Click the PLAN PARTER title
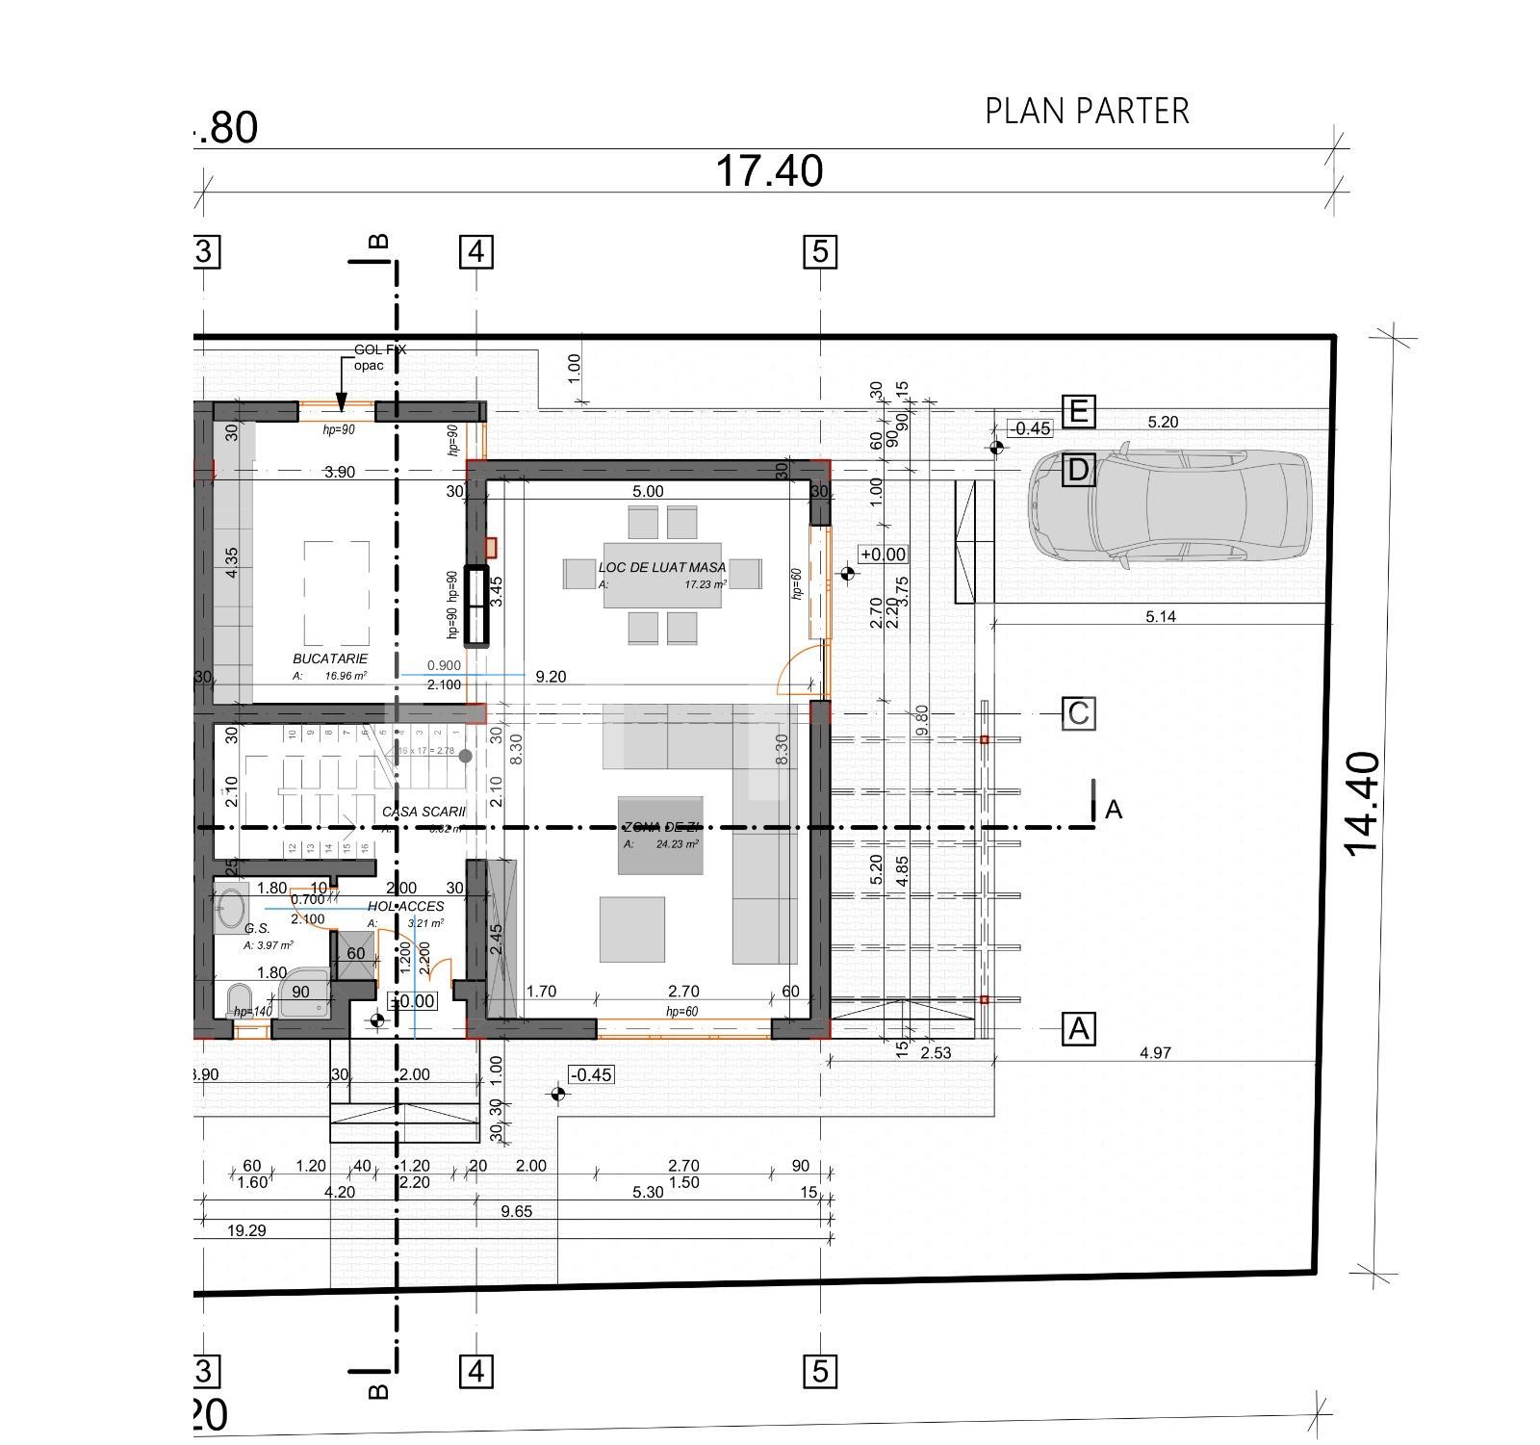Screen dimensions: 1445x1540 1087,112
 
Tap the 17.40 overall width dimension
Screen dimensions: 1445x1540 768,171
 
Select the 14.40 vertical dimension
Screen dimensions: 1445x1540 1362,804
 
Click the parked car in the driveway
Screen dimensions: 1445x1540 1169,504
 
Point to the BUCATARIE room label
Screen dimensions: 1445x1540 330,659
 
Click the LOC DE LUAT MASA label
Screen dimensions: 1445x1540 662,568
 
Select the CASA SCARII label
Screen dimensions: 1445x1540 423,813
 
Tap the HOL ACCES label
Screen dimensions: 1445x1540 405,906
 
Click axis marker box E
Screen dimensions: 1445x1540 1078,412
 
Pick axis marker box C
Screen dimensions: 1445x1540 1078,713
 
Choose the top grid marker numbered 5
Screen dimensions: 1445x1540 820,252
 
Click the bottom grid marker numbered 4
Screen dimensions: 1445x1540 476,1370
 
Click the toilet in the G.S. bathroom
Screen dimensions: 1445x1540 238,1001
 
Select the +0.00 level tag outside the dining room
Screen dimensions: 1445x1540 883,555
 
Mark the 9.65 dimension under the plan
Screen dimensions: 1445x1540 517,1211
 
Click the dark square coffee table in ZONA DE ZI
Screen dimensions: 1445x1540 659,836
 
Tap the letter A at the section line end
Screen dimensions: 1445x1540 1114,810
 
